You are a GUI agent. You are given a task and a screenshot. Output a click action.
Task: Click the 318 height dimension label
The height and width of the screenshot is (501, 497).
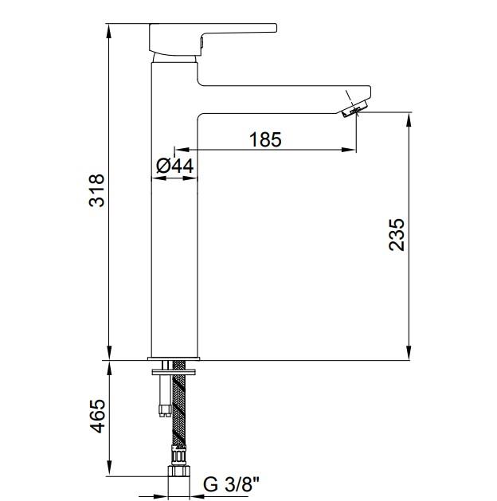(96, 191)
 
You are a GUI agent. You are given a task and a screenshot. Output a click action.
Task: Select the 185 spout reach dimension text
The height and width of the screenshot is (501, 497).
(264, 139)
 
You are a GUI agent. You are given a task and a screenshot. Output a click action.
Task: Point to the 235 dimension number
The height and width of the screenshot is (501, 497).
(397, 235)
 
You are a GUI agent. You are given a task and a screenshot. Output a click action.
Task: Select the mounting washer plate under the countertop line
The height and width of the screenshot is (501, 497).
(174, 367)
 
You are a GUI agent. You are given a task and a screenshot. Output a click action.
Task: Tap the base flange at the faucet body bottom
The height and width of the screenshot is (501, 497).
(174, 355)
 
